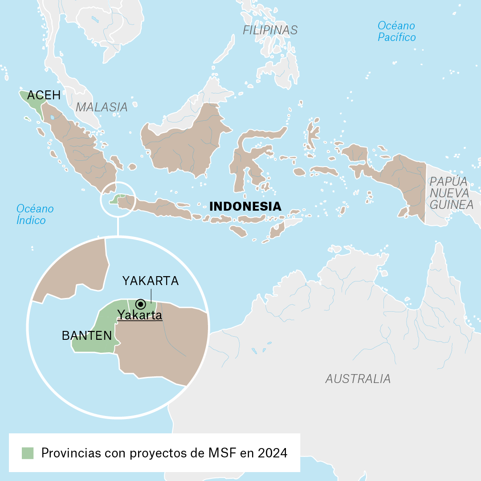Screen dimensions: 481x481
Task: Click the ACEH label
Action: coord(44,95)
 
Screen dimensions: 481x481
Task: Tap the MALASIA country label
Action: coord(102,107)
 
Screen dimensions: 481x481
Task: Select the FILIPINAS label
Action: coord(270,30)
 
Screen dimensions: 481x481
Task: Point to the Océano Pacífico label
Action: coord(396,31)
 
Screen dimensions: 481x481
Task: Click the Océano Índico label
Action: coord(35,214)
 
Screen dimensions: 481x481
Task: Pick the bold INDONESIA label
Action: coord(245,207)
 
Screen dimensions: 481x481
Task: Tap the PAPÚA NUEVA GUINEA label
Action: coord(451,193)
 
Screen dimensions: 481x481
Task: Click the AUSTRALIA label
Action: coord(358,379)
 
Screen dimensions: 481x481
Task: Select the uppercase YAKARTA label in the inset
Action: coord(151,281)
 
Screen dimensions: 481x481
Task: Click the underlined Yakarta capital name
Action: coord(139,315)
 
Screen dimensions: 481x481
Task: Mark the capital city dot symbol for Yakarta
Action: coord(141,304)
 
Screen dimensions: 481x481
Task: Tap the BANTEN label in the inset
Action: coord(87,336)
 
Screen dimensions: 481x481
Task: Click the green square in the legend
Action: coord(28,453)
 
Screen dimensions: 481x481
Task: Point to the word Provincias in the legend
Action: coord(71,453)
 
